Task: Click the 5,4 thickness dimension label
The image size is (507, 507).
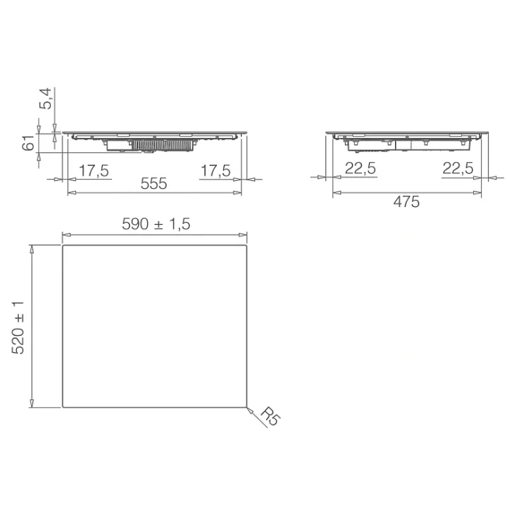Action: [x=45, y=99]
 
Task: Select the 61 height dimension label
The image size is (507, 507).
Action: [x=28, y=143]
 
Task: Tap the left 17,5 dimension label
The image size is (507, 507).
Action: [x=94, y=170]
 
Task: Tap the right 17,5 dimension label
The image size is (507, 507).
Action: [x=215, y=170]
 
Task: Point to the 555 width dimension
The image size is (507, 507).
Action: [x=154, y=183]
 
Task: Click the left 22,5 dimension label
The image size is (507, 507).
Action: [x=361, y=168]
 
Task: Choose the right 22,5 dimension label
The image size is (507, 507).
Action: [x=458, y=168]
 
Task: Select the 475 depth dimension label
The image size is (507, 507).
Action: [x=406, y=202]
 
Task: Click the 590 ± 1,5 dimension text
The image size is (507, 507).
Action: [x=156, y=224]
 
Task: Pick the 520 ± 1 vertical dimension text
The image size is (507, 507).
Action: [x=18, y=327]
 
